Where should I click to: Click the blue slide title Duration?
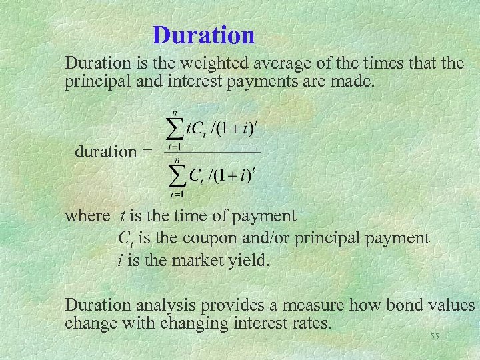(x=203, y=35)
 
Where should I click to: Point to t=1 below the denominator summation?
(x=177, y=195)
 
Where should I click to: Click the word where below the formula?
(x=87, y=216)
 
